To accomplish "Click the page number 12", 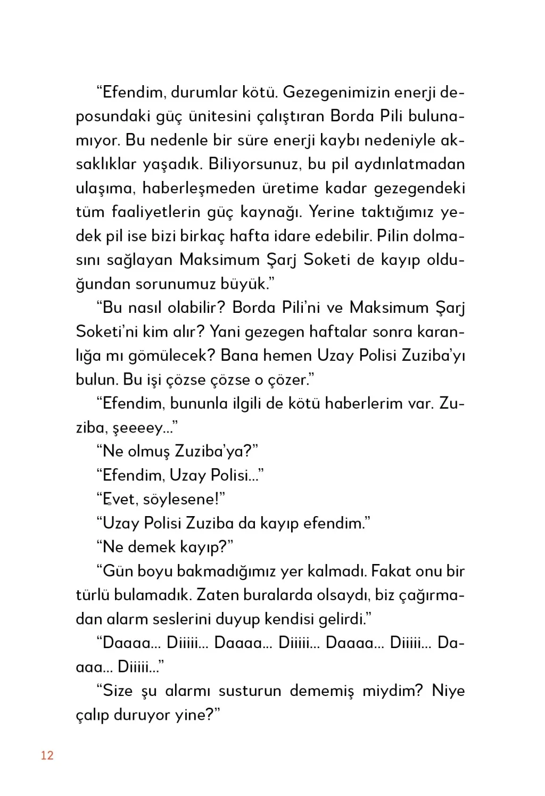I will (x=47, y=756).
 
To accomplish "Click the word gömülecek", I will (x=170, y=355).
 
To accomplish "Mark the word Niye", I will (x=448, y=691).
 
